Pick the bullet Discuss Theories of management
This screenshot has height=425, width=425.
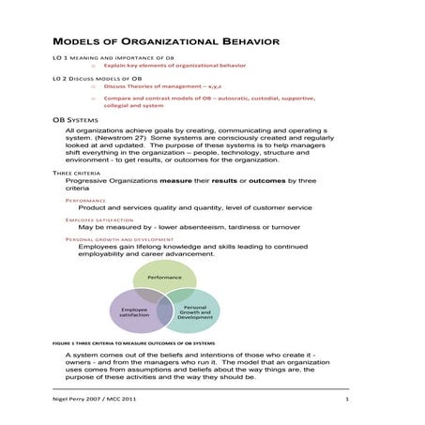(x=169, y=85)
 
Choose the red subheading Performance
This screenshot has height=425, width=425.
(x=86, y=200)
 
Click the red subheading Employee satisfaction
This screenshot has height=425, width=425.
(x=101, y=220)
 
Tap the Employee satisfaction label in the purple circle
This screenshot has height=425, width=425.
(x=134, y=312)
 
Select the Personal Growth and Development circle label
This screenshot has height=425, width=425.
(x=195, y=311)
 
